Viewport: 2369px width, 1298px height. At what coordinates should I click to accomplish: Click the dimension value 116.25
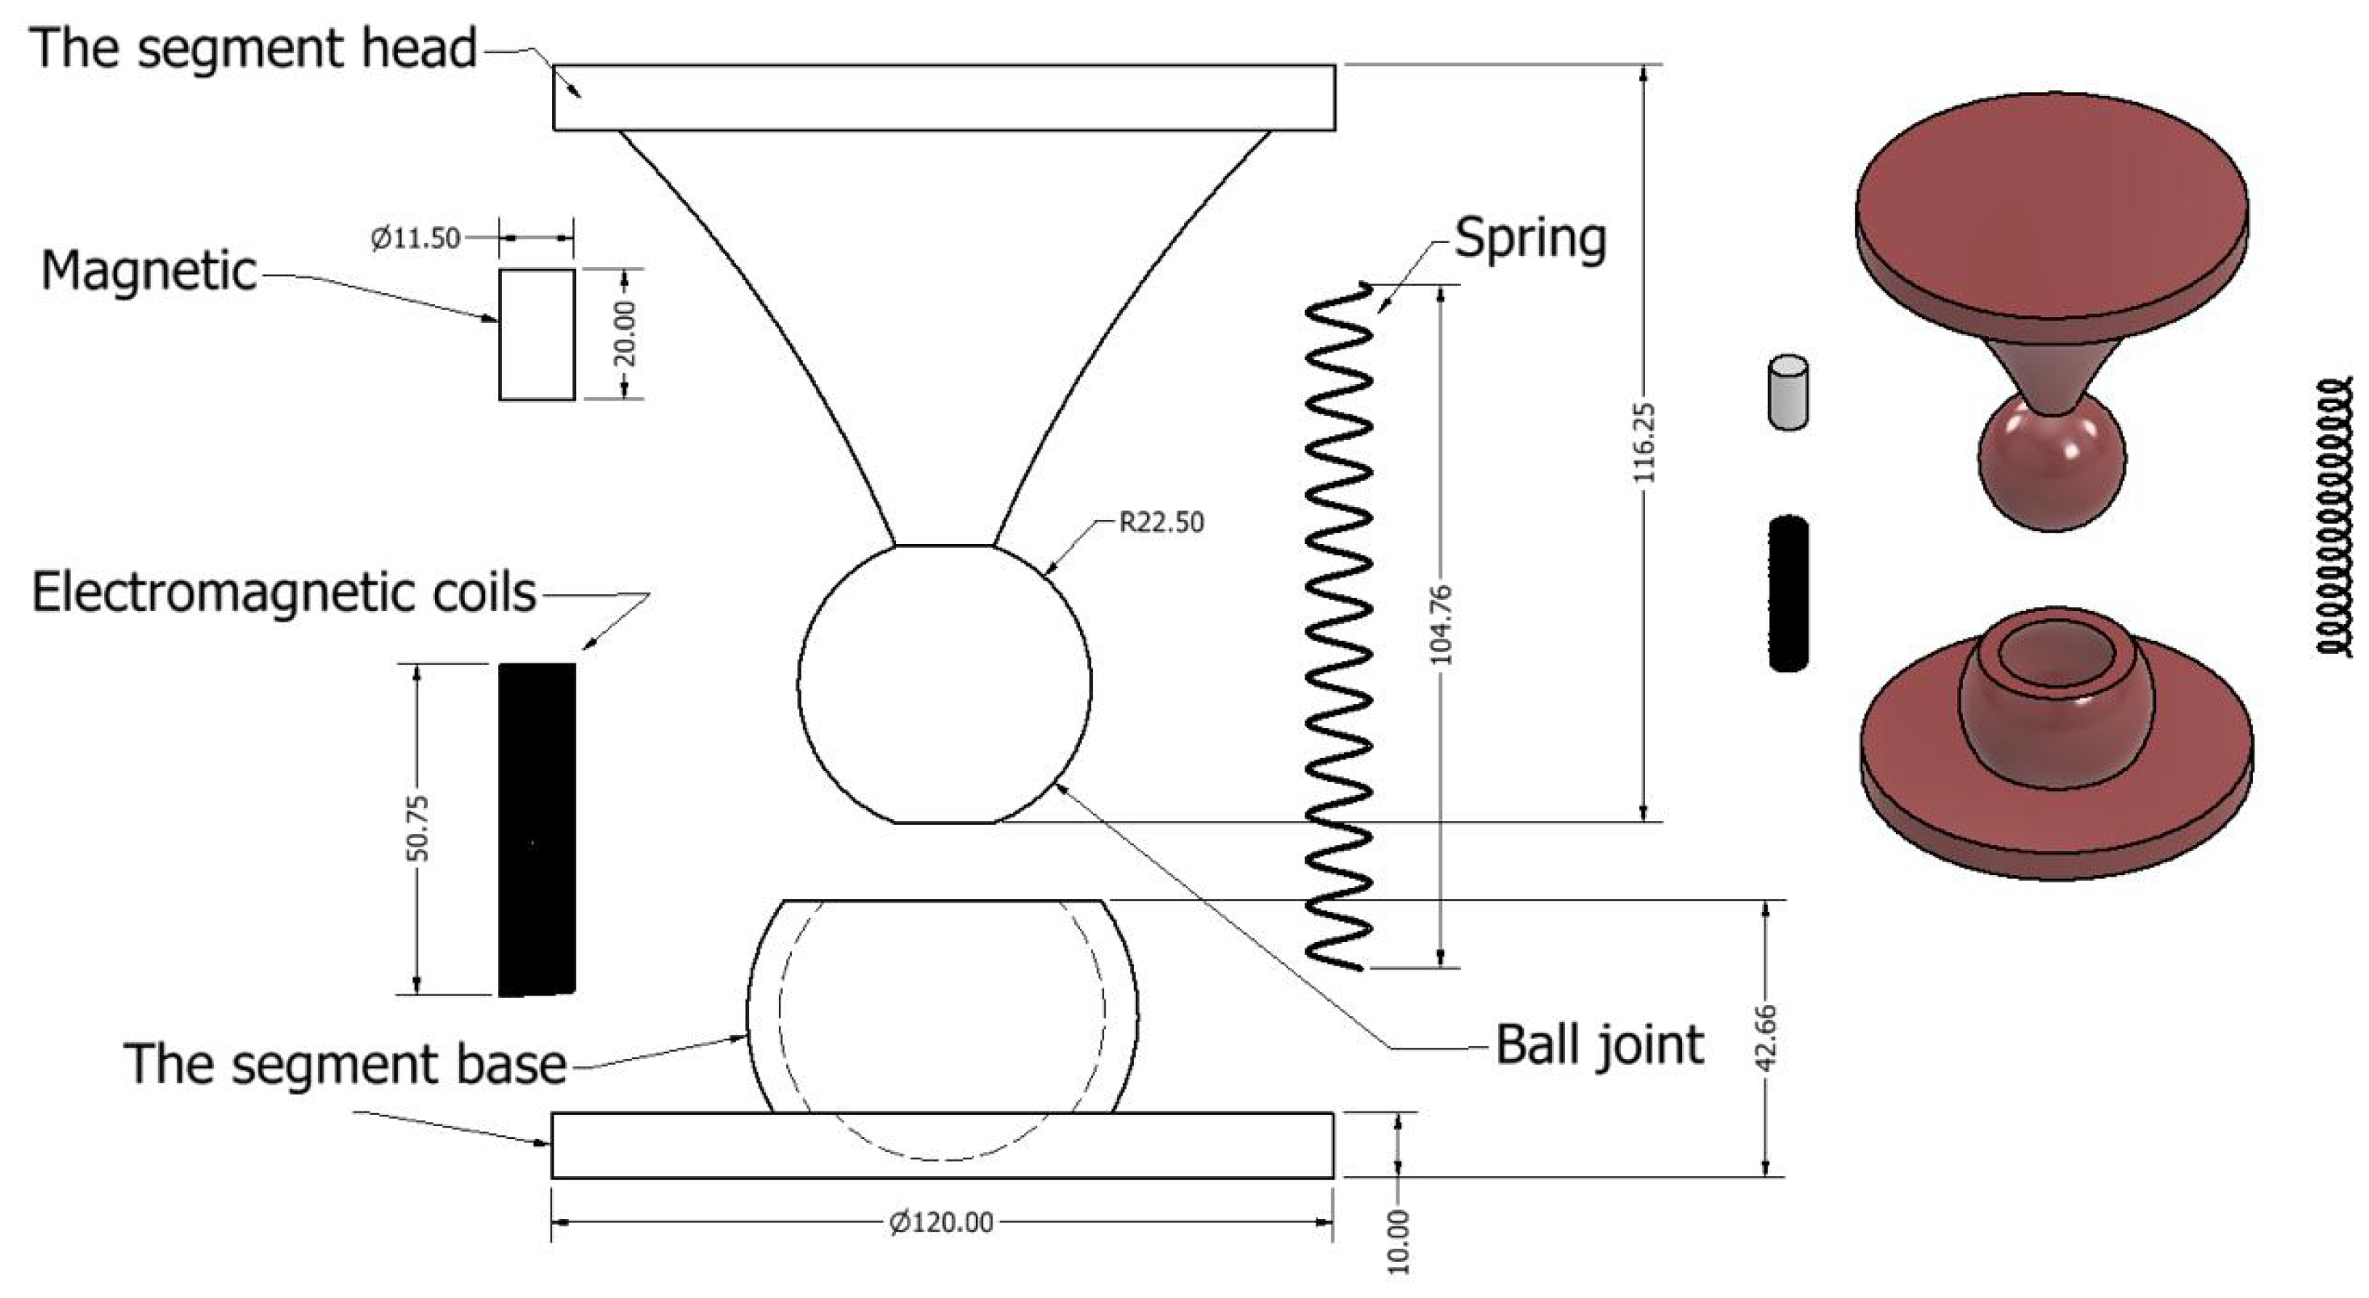(1644, 442)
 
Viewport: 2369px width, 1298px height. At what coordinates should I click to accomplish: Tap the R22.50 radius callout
(1161, 522)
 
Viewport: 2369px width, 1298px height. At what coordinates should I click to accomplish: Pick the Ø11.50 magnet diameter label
(415, 238)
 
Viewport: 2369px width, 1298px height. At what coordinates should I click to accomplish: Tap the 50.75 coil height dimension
(417, 828)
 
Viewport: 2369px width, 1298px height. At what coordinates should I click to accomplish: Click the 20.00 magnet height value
(626, 333)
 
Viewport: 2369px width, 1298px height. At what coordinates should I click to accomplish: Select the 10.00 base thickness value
(1398, 1241)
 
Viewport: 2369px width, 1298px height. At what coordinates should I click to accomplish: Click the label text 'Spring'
(1530, 239)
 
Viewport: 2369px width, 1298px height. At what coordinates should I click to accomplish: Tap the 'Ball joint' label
(1599, 1046)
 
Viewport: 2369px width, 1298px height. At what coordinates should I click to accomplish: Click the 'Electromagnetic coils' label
(283, 592)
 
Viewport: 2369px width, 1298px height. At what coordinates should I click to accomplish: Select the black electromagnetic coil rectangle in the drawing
(537, 829)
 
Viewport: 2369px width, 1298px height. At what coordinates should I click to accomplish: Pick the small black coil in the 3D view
(1788, 593)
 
